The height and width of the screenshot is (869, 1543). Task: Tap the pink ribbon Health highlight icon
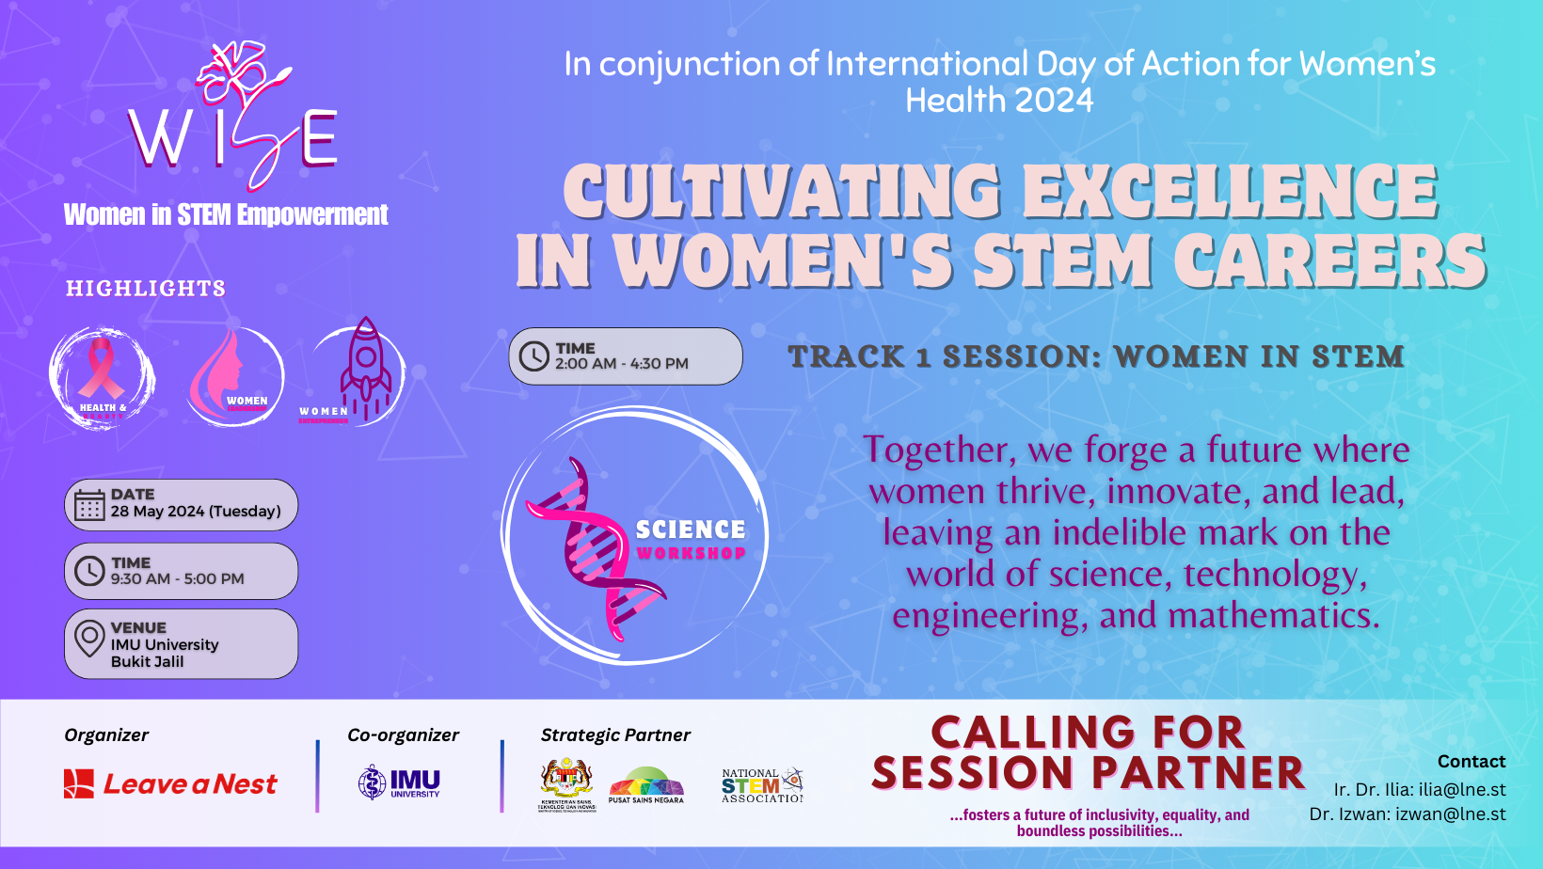[x=102, y=377]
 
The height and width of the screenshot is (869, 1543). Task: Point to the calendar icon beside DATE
[x=89, y=505]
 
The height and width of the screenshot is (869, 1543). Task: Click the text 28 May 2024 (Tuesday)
[x=196, y=512]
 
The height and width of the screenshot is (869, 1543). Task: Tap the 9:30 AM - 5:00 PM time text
[x=177, y=579]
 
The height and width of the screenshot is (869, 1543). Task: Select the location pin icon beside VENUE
[x=89, y=639]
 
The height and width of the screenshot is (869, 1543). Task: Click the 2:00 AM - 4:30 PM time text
[x=621, y=364]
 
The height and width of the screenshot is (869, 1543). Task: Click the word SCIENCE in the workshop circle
[x=691, y=530]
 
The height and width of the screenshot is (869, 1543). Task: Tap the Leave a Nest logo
[x=170, y=783]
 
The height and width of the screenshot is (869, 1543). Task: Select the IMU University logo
[x=400, y=782]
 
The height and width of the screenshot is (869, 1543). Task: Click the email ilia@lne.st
[x=1462, y=790]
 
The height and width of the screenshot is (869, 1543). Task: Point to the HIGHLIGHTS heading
[x=146, y=289]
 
